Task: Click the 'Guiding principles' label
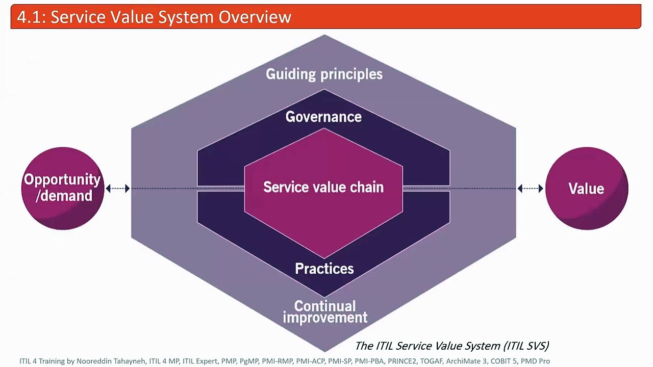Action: pos(324,74)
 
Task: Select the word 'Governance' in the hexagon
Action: pos(323,117)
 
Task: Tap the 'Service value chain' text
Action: pos(323,187)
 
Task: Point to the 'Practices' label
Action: pos(324,269)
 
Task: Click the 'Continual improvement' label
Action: pos(325,312)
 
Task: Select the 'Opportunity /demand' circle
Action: pos(63,188)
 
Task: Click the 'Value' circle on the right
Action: pos(587,189)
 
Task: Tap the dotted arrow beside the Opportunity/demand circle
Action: pos(118,189)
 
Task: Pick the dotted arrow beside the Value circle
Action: pos(531,189)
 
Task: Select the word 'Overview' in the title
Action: pos(255,17)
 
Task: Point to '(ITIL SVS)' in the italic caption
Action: pos(525,346)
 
